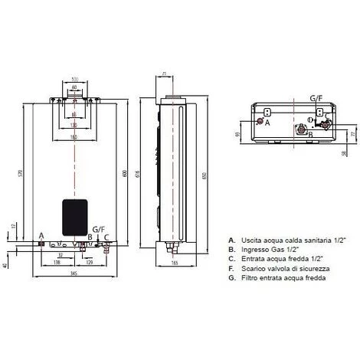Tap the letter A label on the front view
click(x=41, y=237)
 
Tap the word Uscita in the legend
click(x=251, y=239)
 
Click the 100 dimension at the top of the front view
click(x=75, y=79)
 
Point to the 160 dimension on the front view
click(x=75, y=136)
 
